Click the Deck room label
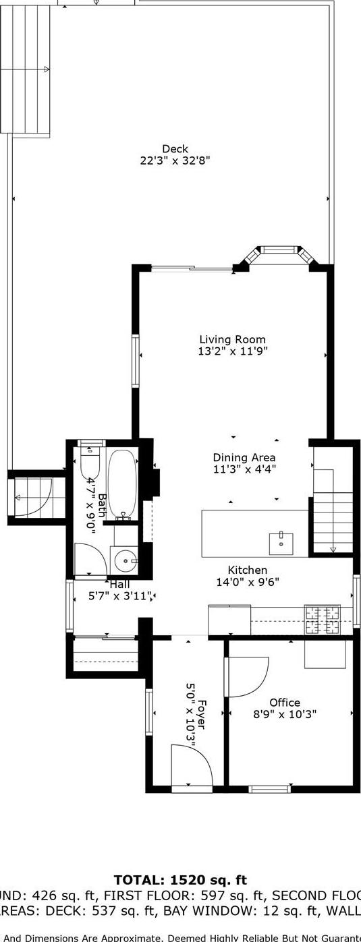coord(175,149)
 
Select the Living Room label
coord(232,340)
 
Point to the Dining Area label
coord(244,457)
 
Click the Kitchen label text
coord(247,570)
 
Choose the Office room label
coord(284,703)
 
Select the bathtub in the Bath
coord(122,484)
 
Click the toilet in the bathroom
coord(90,462)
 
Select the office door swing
coord(246,677)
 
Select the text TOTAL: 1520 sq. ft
coord(180,880)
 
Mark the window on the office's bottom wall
coord(269,788)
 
